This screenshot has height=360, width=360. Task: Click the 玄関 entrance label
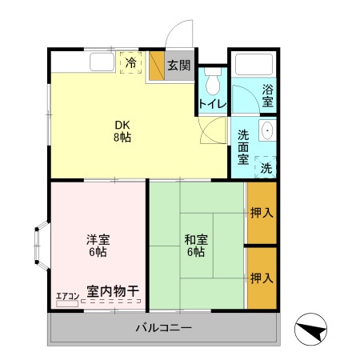pos(179,66)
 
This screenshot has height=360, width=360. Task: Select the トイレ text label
pos(213,104)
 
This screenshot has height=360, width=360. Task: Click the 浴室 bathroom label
pos(267,95)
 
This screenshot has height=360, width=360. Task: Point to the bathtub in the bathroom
pos(254,65)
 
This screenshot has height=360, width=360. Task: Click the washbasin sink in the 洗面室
pos(267,130)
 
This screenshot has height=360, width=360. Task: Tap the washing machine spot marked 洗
pos(266,167)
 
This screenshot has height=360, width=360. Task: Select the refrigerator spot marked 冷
pos(130,63)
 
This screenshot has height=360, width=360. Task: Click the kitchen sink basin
pos(102,62)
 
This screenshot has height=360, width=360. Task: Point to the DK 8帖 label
pos(122,131)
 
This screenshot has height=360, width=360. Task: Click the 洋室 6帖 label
pos(98,246)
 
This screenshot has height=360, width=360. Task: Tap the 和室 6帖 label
pos(196,246)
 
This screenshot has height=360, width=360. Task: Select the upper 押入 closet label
pos(262,213)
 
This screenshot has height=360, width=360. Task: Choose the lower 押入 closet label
pos(262,278)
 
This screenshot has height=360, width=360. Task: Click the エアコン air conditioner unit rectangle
pos(67,303)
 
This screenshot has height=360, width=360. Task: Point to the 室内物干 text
pos(113,291)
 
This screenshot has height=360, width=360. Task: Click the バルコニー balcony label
pos(163,327)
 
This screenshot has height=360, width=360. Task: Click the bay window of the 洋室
pos(42,246)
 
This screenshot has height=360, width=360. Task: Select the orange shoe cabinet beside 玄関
pos(157,66)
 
